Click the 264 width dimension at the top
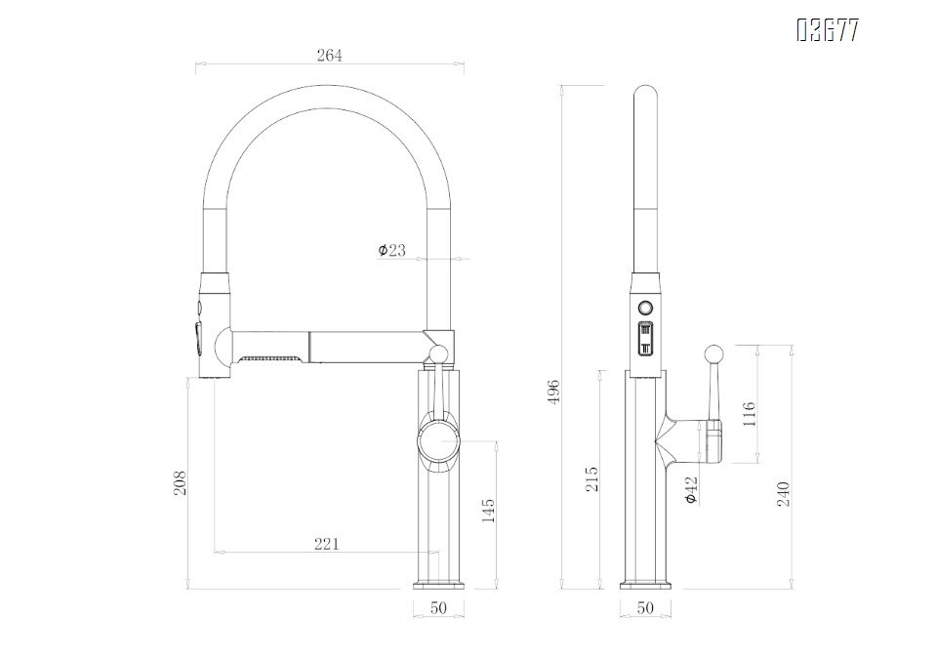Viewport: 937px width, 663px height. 329,56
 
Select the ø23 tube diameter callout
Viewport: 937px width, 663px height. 391,251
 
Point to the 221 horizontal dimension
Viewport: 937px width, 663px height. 327,544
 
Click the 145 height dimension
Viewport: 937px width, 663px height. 489,513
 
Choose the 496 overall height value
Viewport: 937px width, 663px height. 553,392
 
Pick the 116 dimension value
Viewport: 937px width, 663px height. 749,413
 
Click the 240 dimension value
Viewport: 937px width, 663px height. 782,493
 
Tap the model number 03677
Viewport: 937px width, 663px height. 828,31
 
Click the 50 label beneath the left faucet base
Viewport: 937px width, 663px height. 438,608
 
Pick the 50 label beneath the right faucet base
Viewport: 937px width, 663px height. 645,608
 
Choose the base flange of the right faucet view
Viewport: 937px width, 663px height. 645,585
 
